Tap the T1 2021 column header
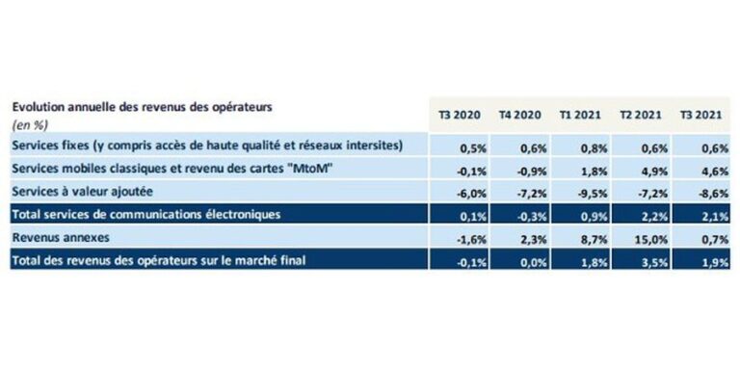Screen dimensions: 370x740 click(x=580, y=115)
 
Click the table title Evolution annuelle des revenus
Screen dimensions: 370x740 click(x=143, y=106)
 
